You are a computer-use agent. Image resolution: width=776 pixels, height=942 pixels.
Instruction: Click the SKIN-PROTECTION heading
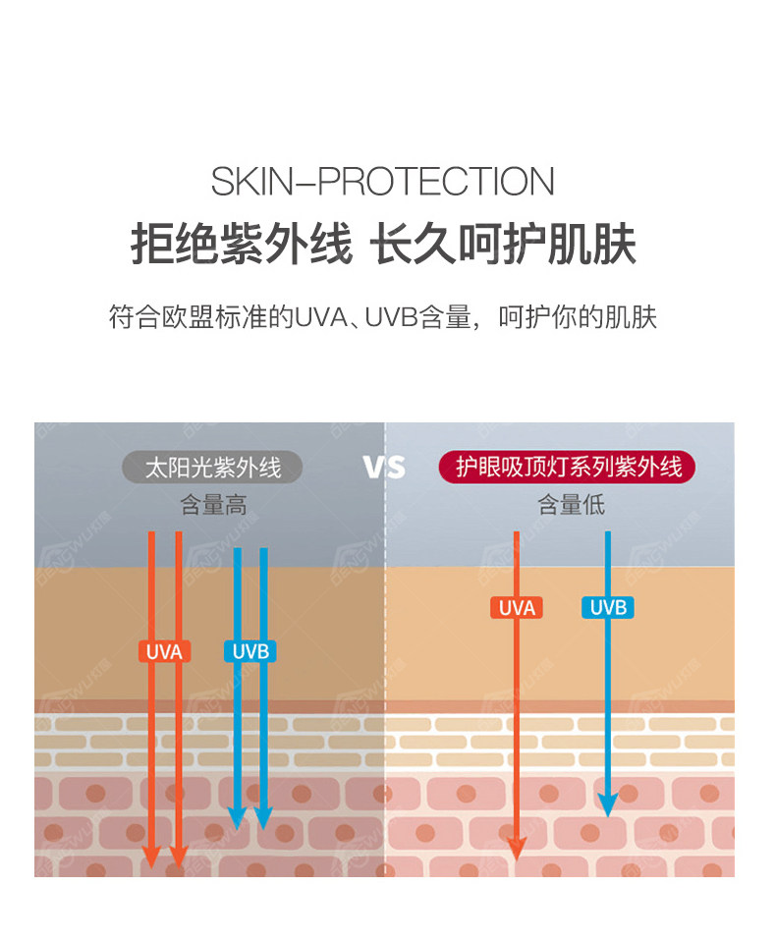click(x=382, y=181)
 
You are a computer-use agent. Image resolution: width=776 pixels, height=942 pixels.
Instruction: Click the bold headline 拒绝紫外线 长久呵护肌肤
click(x=383, y=244)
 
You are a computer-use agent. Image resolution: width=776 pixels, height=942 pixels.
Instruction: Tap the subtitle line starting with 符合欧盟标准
click(x=382, y=316)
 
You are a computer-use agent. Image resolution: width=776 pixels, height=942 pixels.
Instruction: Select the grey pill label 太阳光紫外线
click(x=212, y=468)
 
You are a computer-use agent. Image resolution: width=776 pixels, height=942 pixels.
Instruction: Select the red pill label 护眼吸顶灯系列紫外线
click(x=567, y=467)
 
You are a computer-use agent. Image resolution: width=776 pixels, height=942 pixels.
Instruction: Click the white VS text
click(x=384, y=467)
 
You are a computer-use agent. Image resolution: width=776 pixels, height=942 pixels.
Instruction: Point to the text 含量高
click(x=213, y=505)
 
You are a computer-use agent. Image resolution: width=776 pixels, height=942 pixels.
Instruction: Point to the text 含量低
click(x=571, y=505)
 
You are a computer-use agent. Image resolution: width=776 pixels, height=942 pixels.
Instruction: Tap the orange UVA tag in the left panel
click(x=165, y=652)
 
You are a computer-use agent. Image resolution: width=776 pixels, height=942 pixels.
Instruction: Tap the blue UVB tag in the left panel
click(x=250, y=652)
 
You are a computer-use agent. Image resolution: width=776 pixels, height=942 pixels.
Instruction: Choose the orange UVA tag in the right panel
click(x=517, y=608)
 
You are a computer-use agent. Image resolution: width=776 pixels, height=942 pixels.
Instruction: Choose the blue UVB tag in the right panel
click(x=608, y=608)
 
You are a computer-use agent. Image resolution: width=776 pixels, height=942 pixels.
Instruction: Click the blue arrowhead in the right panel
click(x=608, y=803)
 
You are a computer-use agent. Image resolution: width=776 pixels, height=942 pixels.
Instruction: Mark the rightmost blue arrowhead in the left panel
click(x=263, y=818)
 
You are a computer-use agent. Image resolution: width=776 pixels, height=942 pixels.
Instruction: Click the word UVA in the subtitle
click(x=321, y=317)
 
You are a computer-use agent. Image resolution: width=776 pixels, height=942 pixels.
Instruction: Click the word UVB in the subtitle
click(x=392, y=317)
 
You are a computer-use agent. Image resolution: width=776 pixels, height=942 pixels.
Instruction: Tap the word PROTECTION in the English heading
click(x=436, y=181)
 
